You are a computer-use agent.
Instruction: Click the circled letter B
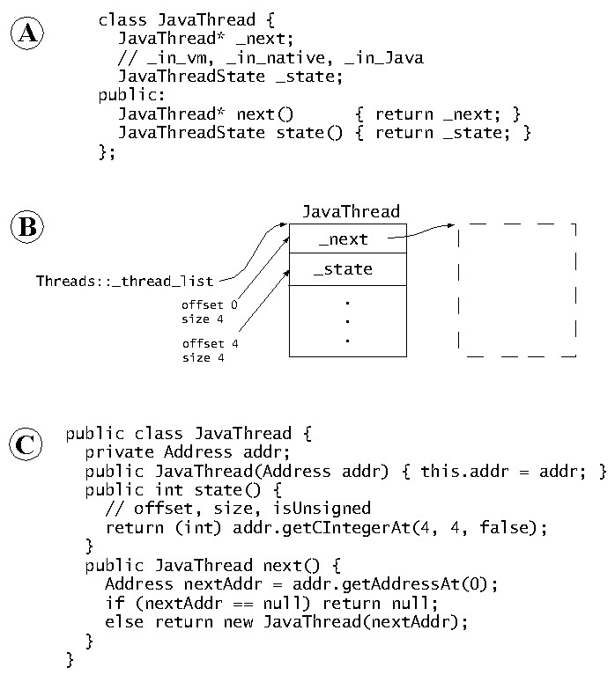[x=28, y=228]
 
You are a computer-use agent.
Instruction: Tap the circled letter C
[x=28, y=444]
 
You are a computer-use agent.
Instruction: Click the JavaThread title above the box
[x=351, y=211]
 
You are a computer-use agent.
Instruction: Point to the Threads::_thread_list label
[x=124, y=282]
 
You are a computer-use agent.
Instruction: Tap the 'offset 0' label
[x=210, y=305]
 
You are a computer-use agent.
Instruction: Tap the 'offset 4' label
[x=210, y=343]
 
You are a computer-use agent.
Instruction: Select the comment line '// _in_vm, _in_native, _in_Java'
[x=270, y=58]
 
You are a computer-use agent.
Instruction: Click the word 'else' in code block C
[x=123, y=622]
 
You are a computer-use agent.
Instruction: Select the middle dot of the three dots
[x=348, y=320]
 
